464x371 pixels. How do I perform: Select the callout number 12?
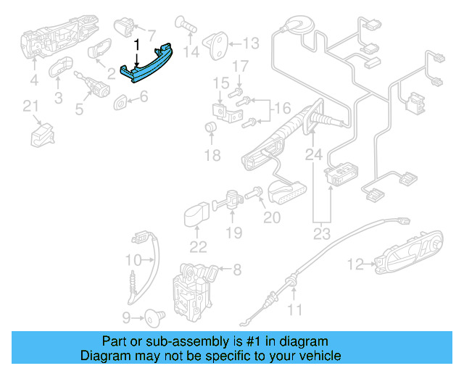[x=355, y=265]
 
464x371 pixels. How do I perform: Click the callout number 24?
[x=313, y=154]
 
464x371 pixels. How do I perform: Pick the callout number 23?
[x=320, y=233]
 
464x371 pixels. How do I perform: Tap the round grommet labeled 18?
[x=212, y=129]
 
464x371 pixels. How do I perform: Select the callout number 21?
[x=30, y=107]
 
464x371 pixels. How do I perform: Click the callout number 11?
[x=294, y=311]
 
